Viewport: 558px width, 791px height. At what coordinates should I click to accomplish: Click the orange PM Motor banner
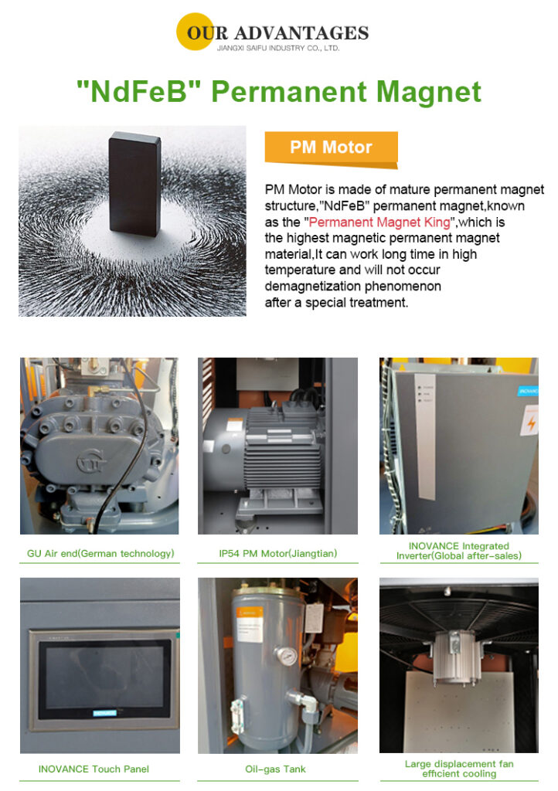click(331, 148)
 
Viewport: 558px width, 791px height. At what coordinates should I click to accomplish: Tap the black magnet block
click(134, 184)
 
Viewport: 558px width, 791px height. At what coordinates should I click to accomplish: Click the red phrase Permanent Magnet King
click(379, 222)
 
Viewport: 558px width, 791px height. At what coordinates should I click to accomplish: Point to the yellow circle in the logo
click(195, 31)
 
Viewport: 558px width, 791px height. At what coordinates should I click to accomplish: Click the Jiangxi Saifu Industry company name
click(278, 49)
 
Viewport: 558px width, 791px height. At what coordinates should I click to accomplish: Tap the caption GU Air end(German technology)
click(100, 553)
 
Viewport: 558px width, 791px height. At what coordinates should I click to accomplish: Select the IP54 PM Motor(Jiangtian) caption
click(278, 553)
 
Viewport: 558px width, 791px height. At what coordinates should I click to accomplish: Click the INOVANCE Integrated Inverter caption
click(458, 551)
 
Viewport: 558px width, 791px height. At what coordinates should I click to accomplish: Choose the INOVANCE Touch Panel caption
click(94, 769)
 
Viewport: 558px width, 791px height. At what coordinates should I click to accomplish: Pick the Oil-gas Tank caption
click(275, 769)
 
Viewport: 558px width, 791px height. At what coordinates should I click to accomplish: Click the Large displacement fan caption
click(459, 769)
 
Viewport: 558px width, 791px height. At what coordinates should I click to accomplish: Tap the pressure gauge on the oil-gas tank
click(287, 655)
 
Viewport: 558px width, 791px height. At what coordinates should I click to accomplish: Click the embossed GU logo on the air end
click(92, 460)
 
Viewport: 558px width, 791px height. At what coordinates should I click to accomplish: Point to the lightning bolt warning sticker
click(530, 423)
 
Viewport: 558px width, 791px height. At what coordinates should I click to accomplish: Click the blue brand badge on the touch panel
click(105, 713)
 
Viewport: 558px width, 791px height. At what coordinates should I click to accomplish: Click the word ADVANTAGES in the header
click(301, 32)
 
